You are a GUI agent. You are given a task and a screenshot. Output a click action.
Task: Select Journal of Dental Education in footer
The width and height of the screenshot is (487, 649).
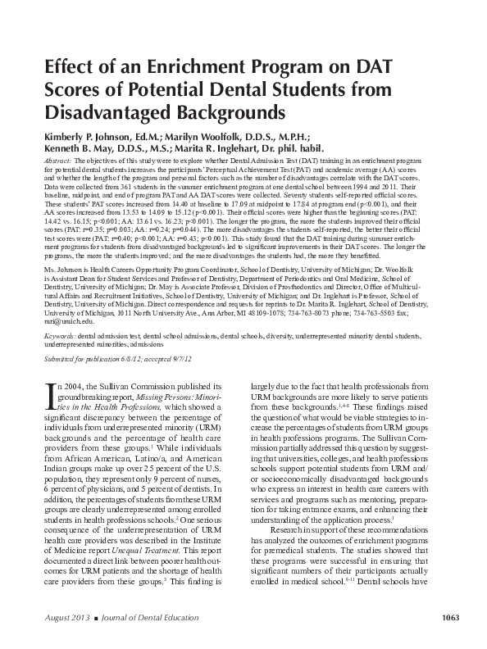(158, 617)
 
